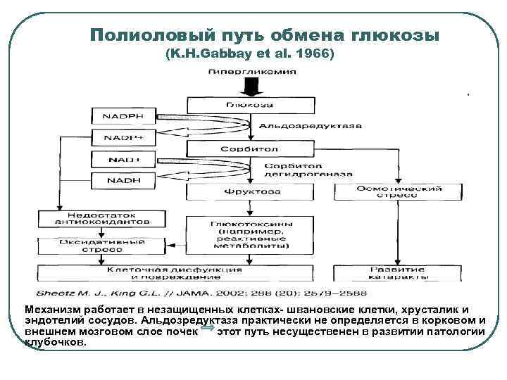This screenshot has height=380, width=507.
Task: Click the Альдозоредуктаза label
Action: [x=309, y=126]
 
